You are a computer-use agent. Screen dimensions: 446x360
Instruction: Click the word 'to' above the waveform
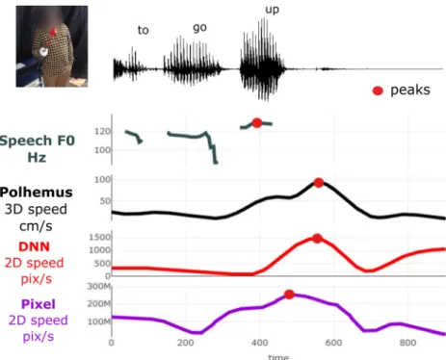(x=144, y=30)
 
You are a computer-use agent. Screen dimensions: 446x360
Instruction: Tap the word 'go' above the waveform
(x=199, y=28)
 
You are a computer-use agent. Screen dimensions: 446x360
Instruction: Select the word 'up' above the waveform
(x=273, y=10)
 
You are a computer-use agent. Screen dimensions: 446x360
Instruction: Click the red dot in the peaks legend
(x=378, y=90)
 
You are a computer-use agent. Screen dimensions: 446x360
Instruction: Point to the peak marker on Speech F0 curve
(x=257, y=123)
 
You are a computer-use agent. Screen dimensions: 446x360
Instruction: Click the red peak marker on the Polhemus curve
(x=319, y=183)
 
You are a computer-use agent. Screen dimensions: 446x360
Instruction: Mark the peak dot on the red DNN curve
(x=317, y=239)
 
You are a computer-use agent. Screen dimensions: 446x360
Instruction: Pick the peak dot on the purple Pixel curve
(x=289, y=295)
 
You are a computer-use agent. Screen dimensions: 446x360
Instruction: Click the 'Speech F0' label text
(x=38, y=141)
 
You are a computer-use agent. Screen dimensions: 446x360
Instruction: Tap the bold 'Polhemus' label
(x=37, y=193)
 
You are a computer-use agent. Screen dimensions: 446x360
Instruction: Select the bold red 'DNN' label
(x=34, y=246)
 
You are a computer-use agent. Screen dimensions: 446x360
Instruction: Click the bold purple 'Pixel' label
(x=39, y=304)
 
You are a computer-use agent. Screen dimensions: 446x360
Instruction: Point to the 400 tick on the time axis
(x=260, y=343)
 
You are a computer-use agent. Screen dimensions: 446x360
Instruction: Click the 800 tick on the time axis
(x=407, y=343)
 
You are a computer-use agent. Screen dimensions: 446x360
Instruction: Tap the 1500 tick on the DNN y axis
(x=99, y=238)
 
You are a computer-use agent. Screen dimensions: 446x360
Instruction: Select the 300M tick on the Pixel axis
(x=99, y=287)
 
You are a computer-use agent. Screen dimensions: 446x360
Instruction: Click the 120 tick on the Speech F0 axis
(x=102, y=131)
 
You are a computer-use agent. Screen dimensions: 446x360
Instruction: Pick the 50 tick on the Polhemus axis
(x=105, y=201)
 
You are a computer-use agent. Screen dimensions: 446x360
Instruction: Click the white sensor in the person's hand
(x=43, y=52)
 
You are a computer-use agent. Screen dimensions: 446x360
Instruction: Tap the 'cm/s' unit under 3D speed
(x=36, y=226)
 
